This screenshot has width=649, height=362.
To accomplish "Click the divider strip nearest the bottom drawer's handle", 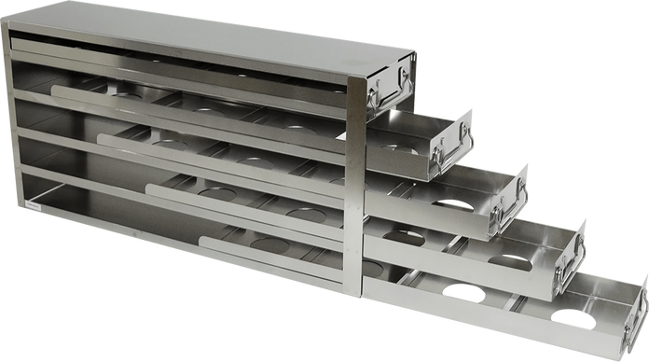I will (x=517, y=302).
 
